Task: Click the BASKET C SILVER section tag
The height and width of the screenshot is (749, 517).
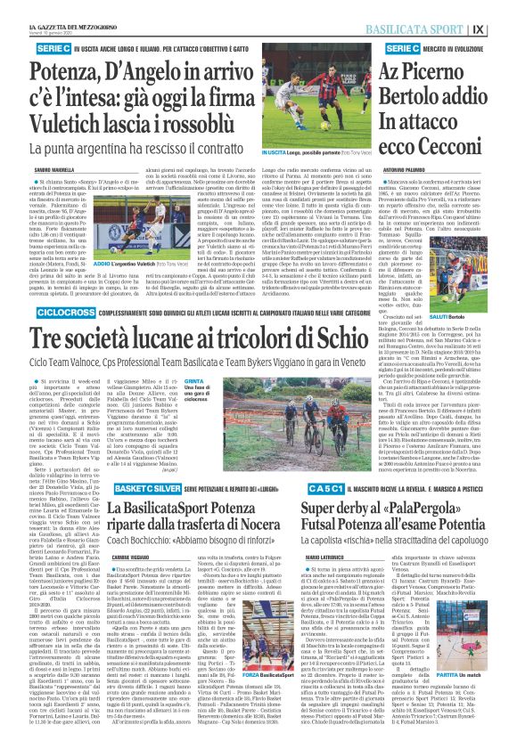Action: click(137, 491)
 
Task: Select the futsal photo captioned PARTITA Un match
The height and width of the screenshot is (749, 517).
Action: click(479, 671)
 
